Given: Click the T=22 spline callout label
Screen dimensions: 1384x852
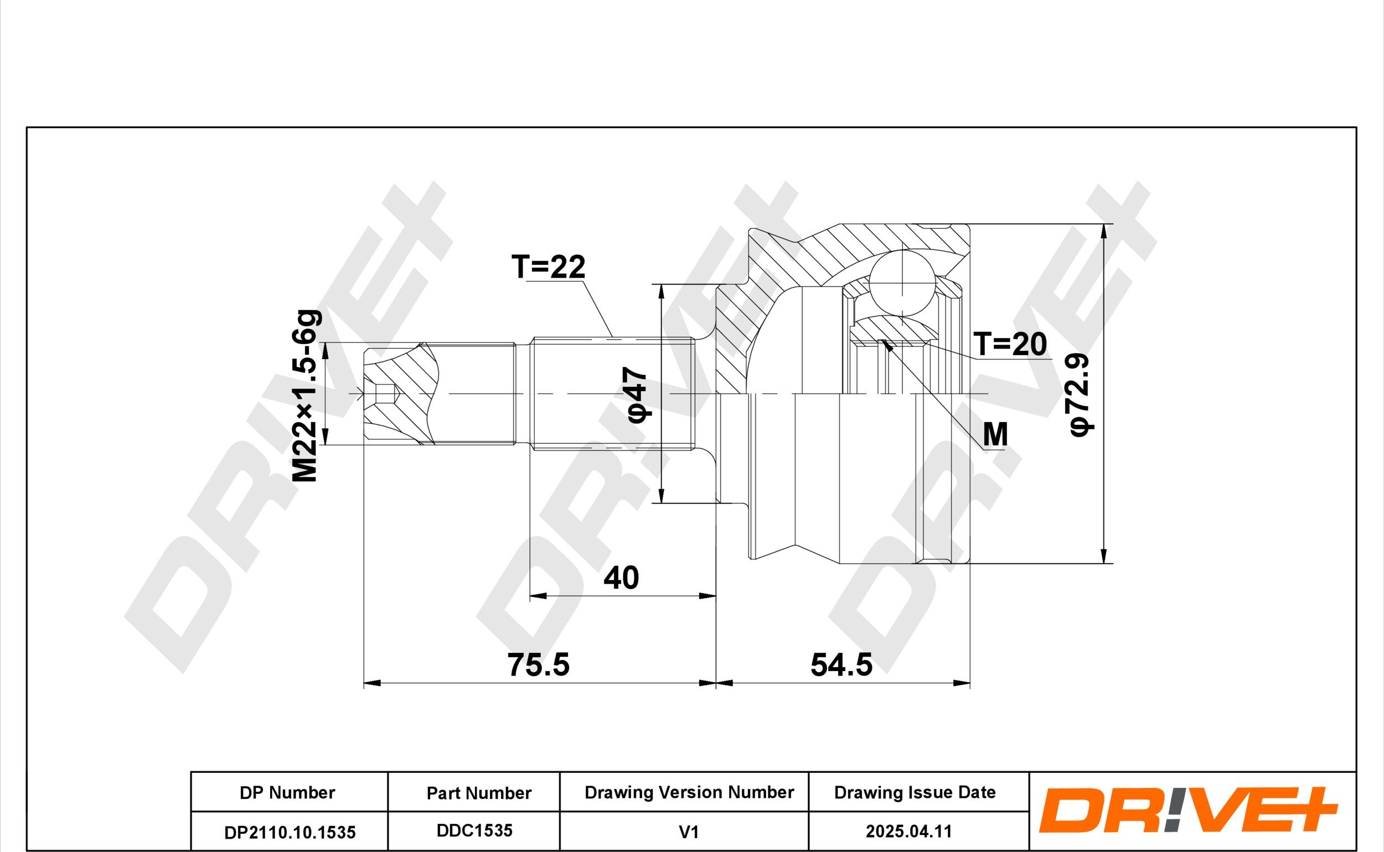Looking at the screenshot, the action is point(548,267).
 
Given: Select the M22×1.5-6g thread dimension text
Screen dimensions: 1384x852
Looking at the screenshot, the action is point(307,396).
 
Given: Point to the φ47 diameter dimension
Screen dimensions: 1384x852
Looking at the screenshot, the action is point(638,394).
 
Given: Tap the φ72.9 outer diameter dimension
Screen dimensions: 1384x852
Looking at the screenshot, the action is point(1081,394).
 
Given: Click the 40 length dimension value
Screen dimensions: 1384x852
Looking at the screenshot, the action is point(621,578).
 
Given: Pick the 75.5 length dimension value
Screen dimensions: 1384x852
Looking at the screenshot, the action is point(539,664).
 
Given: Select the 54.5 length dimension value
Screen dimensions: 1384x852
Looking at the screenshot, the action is point(841,664).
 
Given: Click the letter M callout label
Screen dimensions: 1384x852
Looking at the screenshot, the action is point(995,434).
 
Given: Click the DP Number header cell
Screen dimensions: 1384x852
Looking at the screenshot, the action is point(287,793).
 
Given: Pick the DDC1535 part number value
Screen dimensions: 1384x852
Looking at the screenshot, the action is point(474,830).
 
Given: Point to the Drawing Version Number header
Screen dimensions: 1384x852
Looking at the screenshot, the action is point(689,792).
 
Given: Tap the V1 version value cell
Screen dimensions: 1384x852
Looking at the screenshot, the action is point(689,832).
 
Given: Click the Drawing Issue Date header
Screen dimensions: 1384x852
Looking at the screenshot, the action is point(915,792).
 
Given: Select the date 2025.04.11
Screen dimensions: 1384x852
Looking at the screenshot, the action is point(909,832).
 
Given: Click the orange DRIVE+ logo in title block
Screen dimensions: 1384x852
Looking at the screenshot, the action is point(1189,812).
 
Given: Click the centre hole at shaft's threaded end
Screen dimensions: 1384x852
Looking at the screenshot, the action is point(383,394).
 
